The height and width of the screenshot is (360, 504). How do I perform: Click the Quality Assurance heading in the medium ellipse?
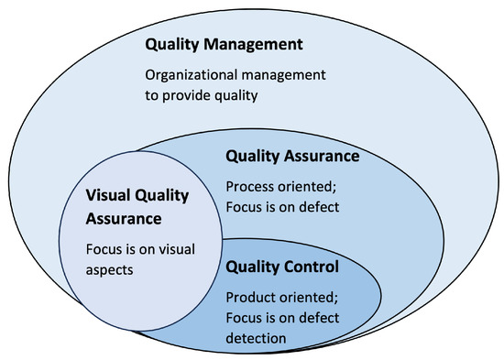291,157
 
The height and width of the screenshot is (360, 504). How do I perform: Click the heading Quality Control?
282,267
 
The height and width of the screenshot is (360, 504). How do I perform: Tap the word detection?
254,337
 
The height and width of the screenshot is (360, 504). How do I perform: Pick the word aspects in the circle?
111,269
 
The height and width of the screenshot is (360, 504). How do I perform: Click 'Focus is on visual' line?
141,249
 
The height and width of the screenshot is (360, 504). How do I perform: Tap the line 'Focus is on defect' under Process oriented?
282,206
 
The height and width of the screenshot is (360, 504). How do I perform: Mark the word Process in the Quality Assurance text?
249,186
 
